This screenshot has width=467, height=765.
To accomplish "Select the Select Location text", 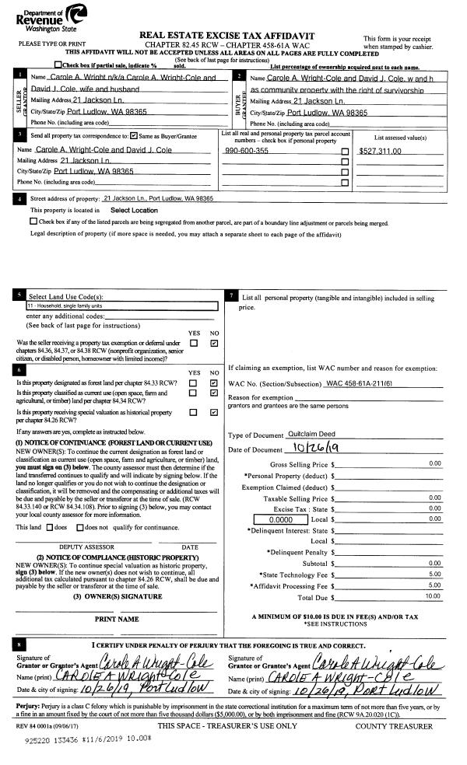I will (x=134, y=210).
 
